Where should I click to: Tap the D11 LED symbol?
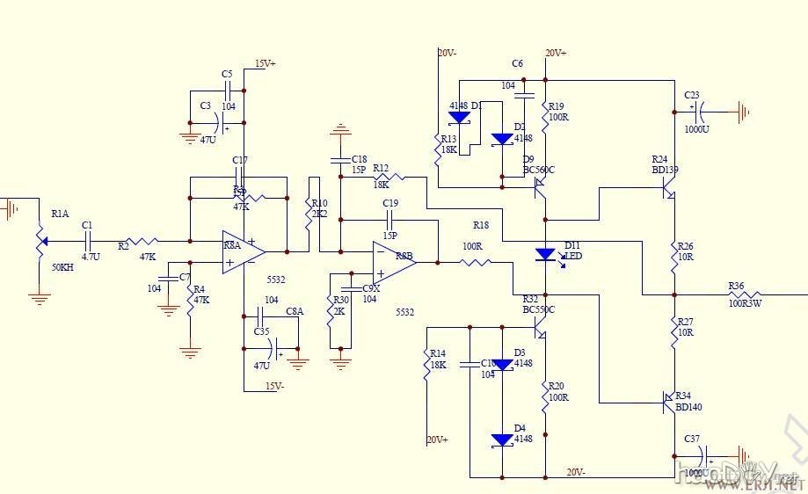click(545, 254)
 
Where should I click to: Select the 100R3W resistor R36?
click(744, 294)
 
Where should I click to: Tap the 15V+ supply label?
click(265, 64)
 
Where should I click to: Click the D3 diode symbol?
click(502, 364)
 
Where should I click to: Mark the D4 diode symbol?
click(502, 440)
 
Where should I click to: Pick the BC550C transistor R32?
click(540, 331)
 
